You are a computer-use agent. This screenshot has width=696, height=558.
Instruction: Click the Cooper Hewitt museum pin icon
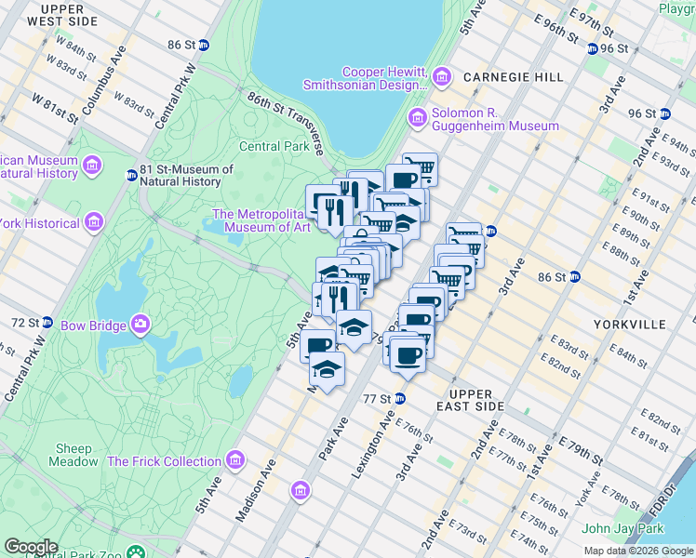(x=441, y=73)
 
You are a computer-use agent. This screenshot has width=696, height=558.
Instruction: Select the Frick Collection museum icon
(x=235, y=460)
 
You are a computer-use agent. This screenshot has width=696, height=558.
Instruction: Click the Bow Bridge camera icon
(x=141, y=325)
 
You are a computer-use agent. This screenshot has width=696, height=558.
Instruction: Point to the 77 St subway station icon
(x=399, y=398)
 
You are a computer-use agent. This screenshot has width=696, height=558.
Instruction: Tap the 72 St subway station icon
(x=47, y=322)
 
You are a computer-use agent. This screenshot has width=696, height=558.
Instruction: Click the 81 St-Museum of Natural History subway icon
(x=131, y=176)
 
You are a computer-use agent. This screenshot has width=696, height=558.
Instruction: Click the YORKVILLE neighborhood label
(x=629, y=325)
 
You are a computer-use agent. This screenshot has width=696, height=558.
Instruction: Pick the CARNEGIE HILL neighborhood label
(x=515, y=77)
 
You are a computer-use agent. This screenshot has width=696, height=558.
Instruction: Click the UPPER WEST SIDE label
(x=62, y=14)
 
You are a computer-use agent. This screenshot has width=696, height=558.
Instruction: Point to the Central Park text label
(x=274, y=146)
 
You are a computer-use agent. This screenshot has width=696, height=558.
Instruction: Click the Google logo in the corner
(x=31, y=547)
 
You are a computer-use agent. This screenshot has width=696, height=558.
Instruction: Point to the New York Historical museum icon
(x=93, y=222)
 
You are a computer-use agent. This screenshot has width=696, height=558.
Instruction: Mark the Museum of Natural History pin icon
(x=91, y=166)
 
